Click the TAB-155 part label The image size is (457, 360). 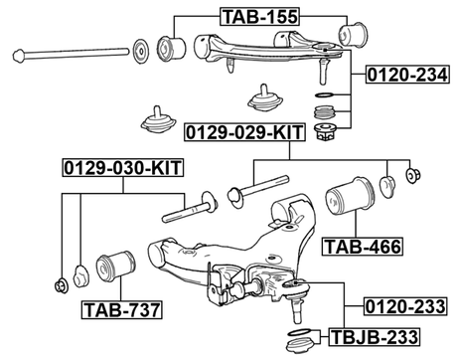click(x=259, y=14)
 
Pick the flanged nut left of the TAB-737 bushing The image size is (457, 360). click(x=63, y=279)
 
